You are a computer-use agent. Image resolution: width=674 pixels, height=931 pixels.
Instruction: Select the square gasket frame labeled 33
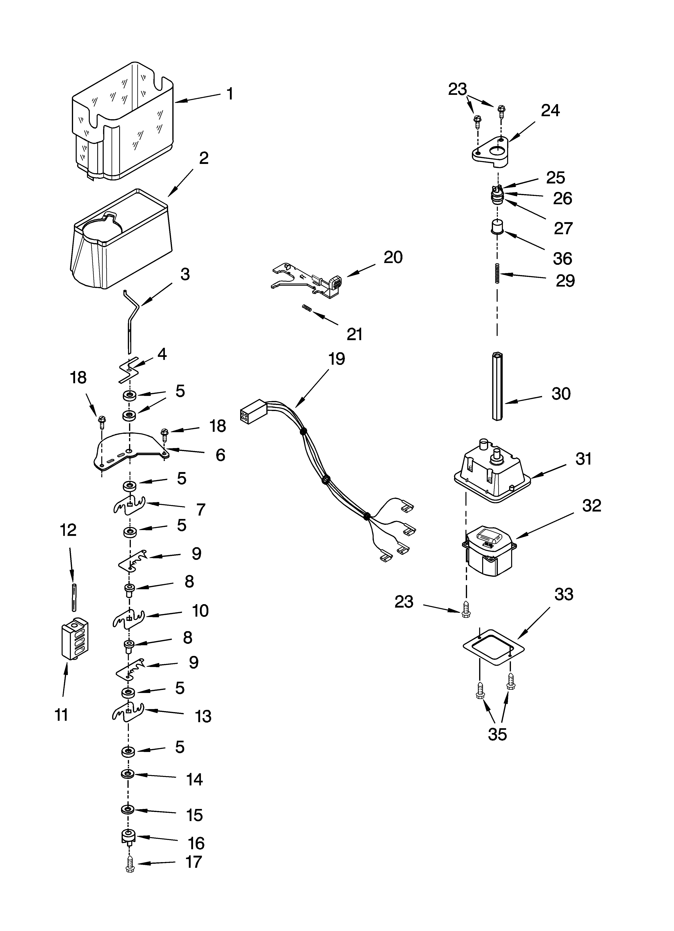[x=494, y=646]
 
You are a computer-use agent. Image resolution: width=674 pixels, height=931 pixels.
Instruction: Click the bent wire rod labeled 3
[x=130, y=320]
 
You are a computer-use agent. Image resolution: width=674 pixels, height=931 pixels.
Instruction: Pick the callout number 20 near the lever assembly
[x=393, y=257]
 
